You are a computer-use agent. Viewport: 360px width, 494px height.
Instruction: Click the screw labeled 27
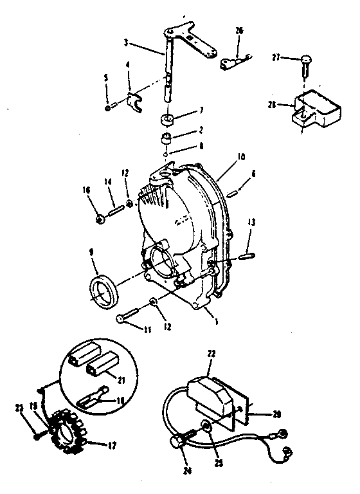306,61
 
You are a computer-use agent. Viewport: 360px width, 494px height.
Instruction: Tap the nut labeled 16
101,220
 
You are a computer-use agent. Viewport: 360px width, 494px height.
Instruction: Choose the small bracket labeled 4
133,102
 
